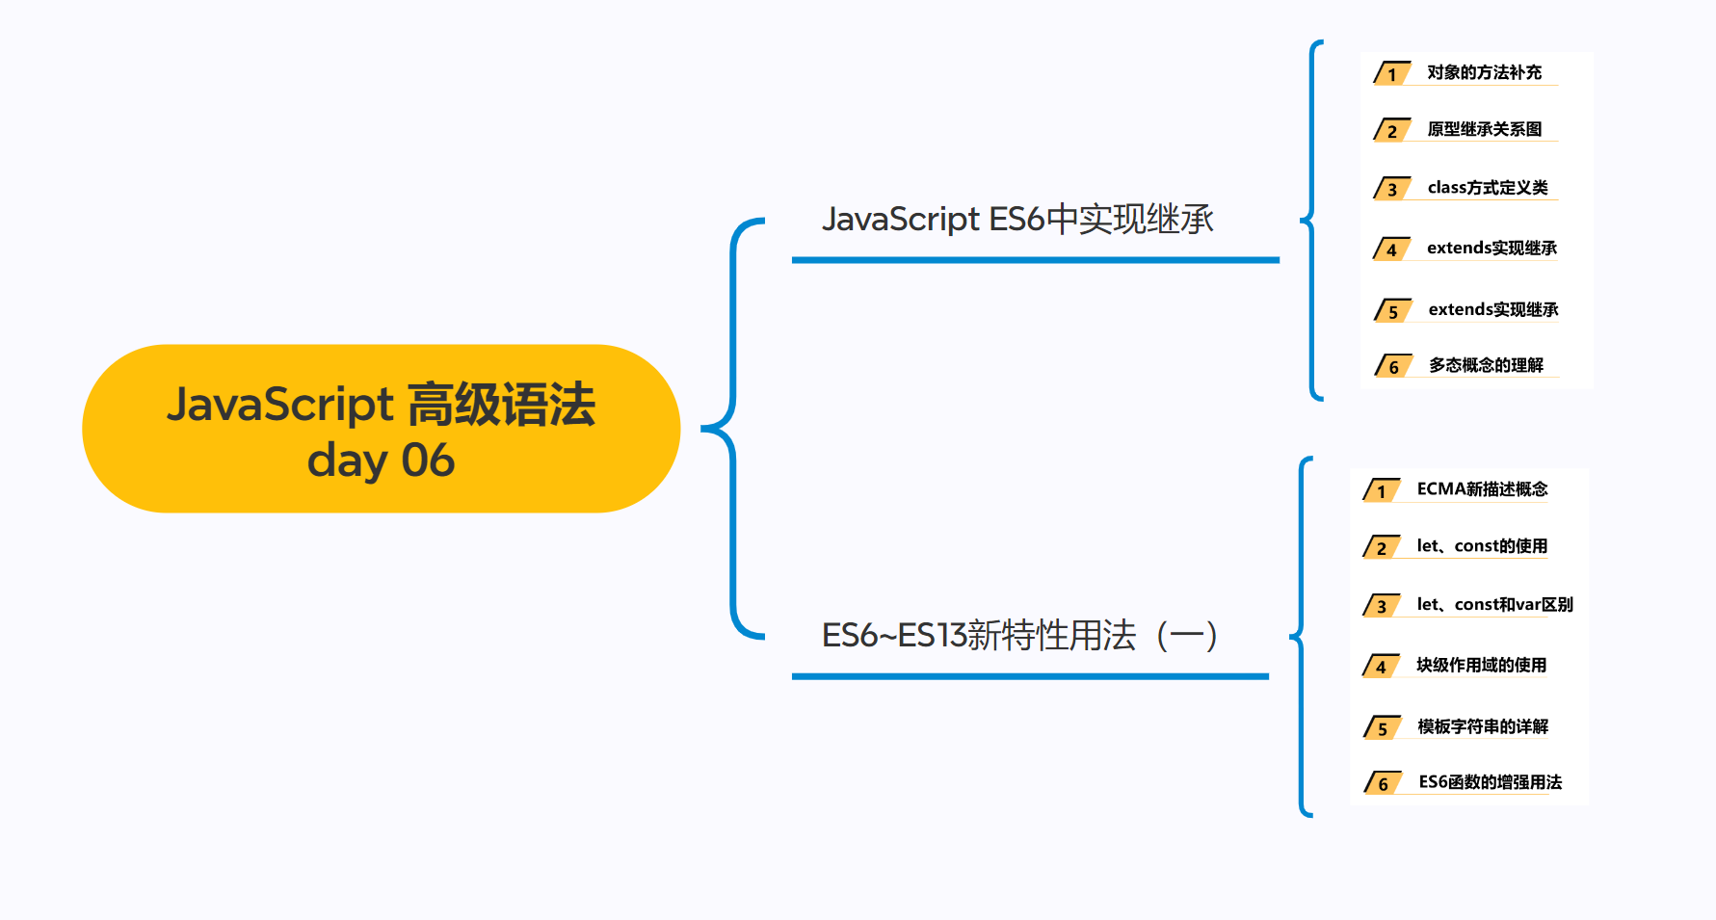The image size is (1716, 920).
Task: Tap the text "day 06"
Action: tap(381, 460)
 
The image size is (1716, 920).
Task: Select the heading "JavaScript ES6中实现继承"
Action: tap(1016, 220)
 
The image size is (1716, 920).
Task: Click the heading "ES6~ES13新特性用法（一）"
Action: tap(1019, 636)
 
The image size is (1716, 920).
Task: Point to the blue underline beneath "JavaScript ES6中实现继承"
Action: tap(1035, 260)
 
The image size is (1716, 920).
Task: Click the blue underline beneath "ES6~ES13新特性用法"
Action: tap(1030, 676)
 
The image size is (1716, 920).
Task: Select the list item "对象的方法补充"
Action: tap(1484, 72)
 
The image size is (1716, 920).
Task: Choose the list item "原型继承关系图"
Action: tap(1484, 129)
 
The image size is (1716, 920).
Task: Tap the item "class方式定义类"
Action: tap(1488, 188)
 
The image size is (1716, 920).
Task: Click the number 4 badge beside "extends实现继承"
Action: tap(1391, 250)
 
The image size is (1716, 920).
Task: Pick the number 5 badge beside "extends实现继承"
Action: tap(1392, 312)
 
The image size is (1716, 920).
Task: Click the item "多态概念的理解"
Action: tap(1486, 365)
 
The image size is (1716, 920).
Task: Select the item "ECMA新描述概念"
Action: tap(1482, 489)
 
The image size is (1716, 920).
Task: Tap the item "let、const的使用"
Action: tap(1482, 546)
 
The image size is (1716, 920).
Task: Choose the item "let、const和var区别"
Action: tap(1494, 605)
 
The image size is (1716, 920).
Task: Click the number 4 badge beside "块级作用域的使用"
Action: tap(1381, 667)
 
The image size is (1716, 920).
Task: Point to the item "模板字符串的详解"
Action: tap(1483, 726)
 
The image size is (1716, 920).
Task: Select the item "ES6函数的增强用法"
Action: tap(1490, 782)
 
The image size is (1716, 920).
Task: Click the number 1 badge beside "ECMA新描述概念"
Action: tap(1381, 492)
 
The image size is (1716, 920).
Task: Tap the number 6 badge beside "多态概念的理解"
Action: tap(1393, 367)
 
